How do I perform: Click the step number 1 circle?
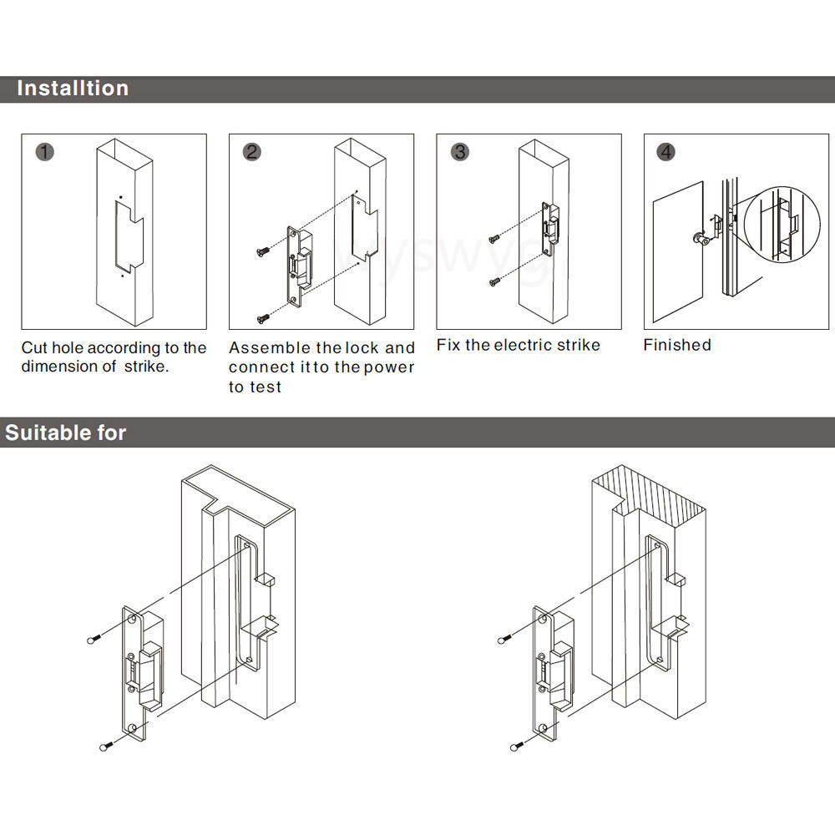(46, 152)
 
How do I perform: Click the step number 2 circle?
(252, 152)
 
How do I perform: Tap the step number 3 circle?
(460, 152)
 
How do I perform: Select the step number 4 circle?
(666, 152)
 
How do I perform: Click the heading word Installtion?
(73, 89)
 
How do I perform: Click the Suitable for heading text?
(65, 433)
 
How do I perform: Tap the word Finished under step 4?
(677, 345)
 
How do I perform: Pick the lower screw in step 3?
(495, 281)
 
